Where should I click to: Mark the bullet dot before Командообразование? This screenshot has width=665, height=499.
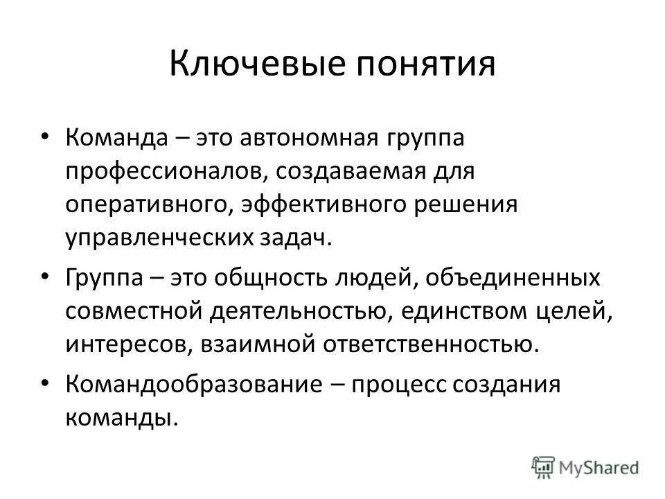tap(45, 383)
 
